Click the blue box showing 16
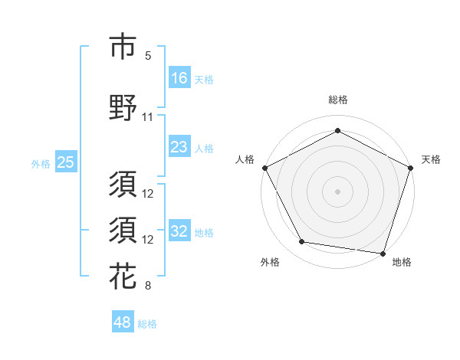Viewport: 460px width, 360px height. click(x=179, y=78)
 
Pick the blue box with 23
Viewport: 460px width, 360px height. click(x=179, y=147)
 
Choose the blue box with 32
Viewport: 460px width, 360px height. click(x=179, y=231)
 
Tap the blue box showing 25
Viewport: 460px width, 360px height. click(x=65, y=162)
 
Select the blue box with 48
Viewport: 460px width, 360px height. click(x=123, y=322)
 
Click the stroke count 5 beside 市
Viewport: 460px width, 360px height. click(x=148, y=56)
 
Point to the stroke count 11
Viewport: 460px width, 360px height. click(x=148, y=117)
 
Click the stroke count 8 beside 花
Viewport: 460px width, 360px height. click(x=148, y=286)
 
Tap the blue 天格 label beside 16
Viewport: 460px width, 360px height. click(x=204, y=79)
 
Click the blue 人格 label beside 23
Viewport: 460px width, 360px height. click(x=204, y=148)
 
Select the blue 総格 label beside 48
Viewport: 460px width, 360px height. click(x=147, y=324)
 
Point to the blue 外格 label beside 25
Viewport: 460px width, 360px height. click(x=41, y=163)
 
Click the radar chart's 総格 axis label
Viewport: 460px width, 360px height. click(x=337, y=100)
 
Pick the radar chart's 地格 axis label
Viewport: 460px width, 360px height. click(x=402, y=262)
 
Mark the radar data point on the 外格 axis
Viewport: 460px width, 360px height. click(x=302, y=242)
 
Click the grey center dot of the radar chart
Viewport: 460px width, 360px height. click(x=337, y=191)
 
